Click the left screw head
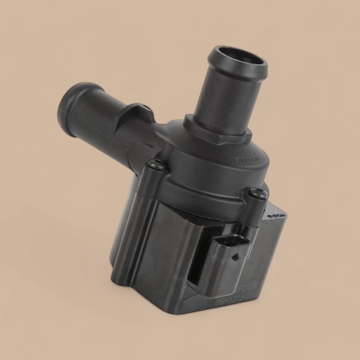click(x=157, y=165)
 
